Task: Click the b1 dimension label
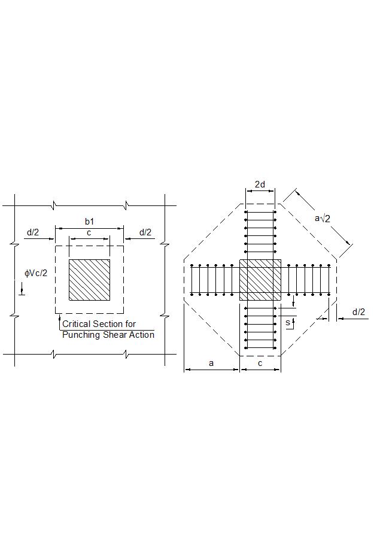click(x=89, y=222)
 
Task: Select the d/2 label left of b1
click(x=32, y=232)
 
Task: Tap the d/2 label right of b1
click(x=146, y=232)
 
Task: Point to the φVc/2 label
click(x=36, y=273)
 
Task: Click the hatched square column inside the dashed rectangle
click(x=89, y=280)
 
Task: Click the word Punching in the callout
click(x=81, y=334)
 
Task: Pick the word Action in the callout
click(x=141, y=334)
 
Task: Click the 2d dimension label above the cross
click(x=260, y=184)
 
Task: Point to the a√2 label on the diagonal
click(x=323, y=218)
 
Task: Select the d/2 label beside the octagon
click(x=358, y=312)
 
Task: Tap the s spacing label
click(x=288, y=322)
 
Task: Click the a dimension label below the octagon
click(x=211, y=363)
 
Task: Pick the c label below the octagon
click(x=260, y=363)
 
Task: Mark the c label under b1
click(x=89, y=232)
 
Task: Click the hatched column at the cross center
click(x=260, y=280)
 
